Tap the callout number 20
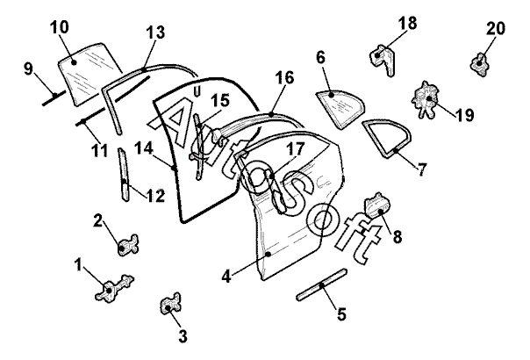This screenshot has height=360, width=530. click(x=497, y=29)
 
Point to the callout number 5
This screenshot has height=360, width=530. click(x=341, y=312)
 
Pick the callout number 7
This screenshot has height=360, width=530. click(x=422, y=169)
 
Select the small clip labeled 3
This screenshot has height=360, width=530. click(x=169, y=306)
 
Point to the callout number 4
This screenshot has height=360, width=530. click(x=226, y=276)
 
